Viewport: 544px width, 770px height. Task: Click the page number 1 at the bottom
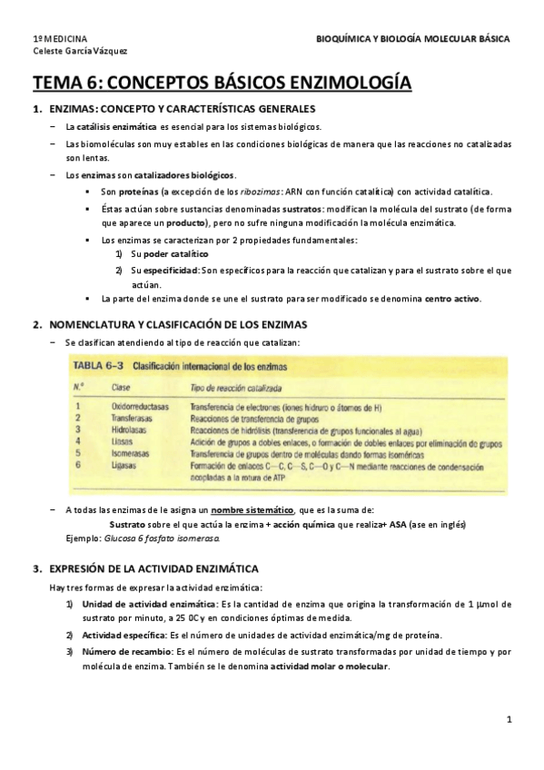coord(510,719)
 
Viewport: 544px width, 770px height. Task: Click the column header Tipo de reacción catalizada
coord(238,388)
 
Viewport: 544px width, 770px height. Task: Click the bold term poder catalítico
coord(176,253)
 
